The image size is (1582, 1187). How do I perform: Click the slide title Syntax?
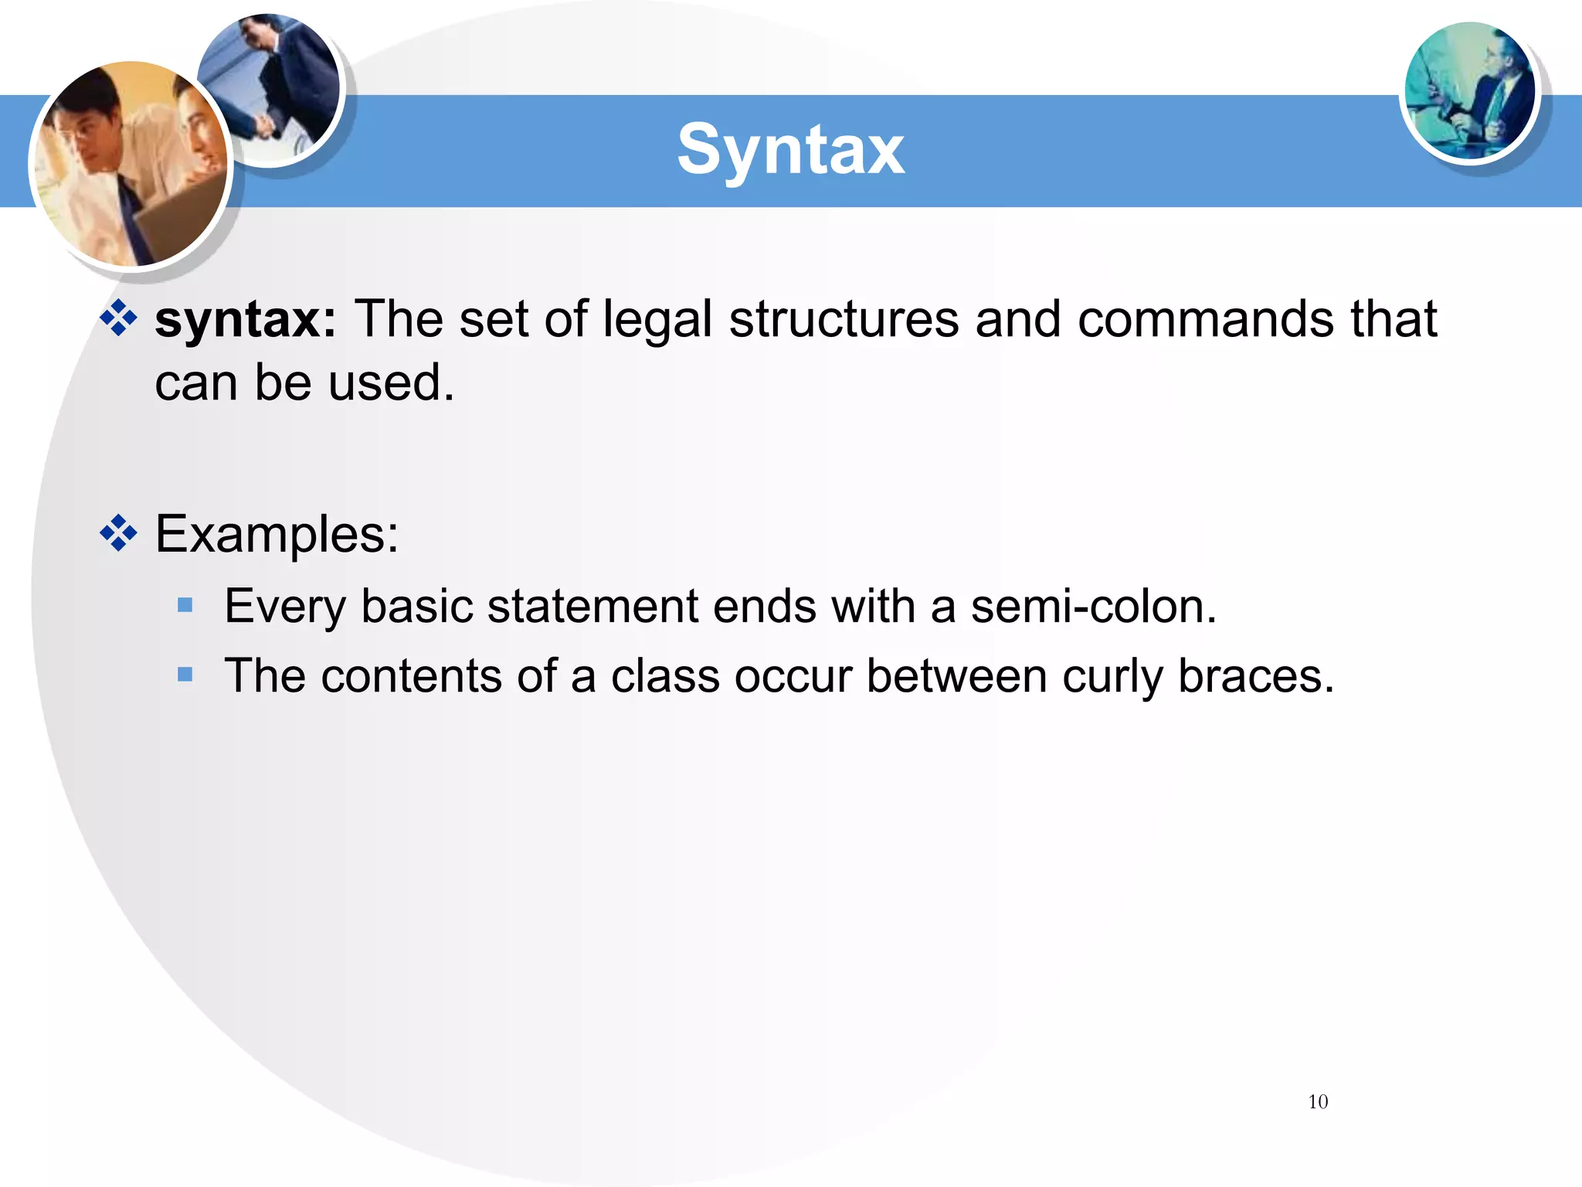click(790, 150)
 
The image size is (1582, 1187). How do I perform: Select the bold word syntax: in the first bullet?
click(246, 319)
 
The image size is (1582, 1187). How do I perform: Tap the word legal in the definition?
click(657, 319)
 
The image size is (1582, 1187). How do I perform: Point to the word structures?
click(843, 319)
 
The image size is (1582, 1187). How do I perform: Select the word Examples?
click(277, 534)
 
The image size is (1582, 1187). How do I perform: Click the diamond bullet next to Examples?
click(118, 533)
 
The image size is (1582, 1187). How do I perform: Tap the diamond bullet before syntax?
click(118, 318)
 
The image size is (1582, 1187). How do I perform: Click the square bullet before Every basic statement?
click(185, 604)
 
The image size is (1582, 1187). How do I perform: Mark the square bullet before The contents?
click(185, 675)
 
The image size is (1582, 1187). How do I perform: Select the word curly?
click(1112, 676)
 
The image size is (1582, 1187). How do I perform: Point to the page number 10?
click(1318, 1102)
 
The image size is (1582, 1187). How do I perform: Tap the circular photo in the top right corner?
click(1469, 91)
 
